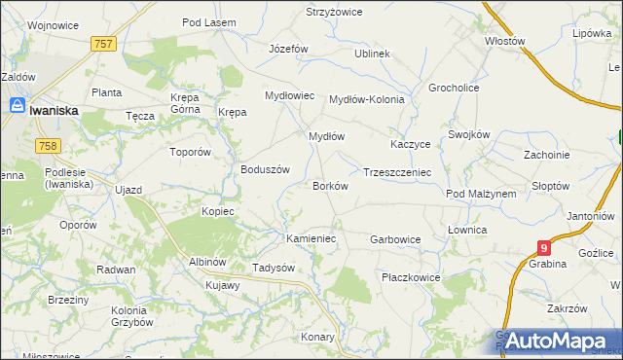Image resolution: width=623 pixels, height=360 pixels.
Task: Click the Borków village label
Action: pos(329,186)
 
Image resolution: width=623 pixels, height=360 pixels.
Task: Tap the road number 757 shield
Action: pos(105,44)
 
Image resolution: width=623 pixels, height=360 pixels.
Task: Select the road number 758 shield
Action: pos(47,146)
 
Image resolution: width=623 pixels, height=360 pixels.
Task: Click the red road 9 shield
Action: pos(544,249)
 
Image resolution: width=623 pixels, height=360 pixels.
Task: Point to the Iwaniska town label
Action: pos(55,111)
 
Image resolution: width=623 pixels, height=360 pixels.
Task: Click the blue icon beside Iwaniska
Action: pos(18,108)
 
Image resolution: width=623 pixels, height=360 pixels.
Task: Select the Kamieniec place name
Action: pos(311,237)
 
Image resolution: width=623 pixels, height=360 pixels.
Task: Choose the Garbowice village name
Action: pos(395,238)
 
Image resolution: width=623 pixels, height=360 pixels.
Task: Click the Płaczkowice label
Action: pos(411,277)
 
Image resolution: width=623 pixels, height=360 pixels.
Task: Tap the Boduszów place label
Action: pos(266,168)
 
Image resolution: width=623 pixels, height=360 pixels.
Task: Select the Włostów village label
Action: pos(505,42)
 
